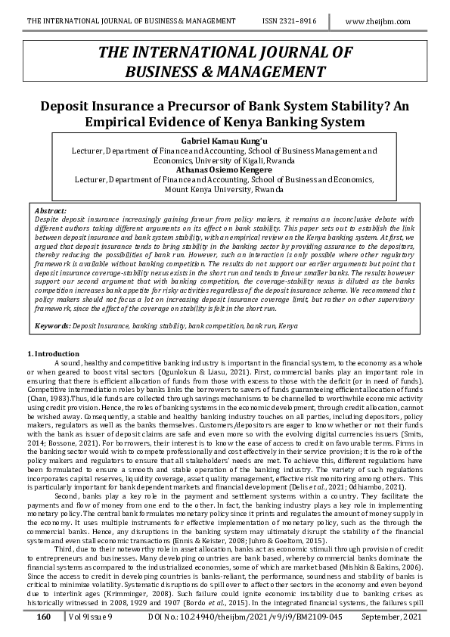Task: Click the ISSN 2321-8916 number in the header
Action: (295, 22)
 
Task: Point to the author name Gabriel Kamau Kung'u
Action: (225, 141)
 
